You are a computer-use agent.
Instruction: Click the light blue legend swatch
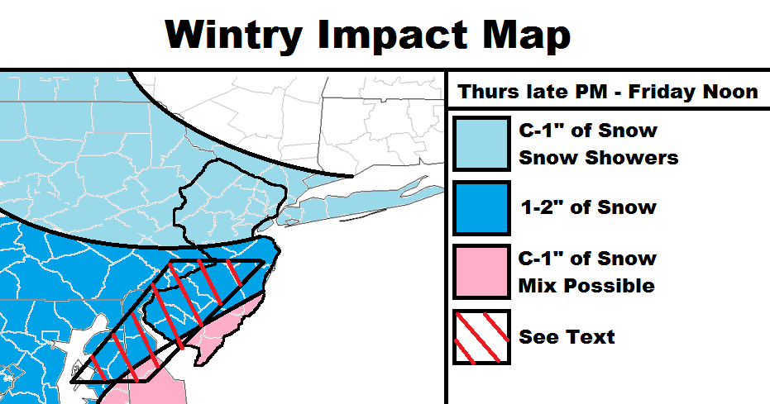(481, 144)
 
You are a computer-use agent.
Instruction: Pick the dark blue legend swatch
(481, 208)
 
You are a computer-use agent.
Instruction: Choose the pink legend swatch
(481, 272)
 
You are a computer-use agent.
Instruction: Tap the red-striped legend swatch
(481, 337)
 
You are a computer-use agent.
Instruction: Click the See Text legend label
(567, 337)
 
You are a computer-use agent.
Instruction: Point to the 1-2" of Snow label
(588, 207)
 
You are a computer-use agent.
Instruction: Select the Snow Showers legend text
(599, 158)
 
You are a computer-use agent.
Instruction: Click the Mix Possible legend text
(587, 285)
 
